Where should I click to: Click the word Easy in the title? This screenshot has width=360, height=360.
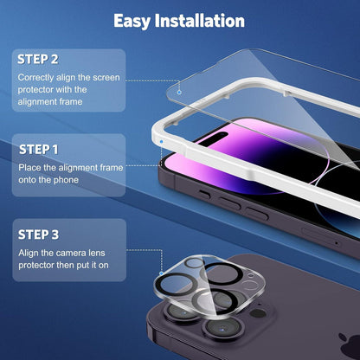132,21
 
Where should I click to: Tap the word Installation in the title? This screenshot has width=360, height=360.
200,21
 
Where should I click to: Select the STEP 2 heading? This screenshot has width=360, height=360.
38,59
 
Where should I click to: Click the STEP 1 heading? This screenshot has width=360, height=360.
38,150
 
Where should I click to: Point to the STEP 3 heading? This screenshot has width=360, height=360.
38,235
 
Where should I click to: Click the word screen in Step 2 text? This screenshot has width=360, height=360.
106,78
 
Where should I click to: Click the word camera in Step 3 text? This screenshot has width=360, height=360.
72,254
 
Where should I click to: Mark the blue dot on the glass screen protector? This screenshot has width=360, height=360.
179,92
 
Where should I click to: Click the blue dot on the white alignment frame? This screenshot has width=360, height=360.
161,142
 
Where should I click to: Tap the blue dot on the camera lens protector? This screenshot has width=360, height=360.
162,273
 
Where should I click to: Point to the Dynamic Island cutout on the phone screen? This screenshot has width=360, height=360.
215,137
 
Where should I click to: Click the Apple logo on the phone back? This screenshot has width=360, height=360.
349,344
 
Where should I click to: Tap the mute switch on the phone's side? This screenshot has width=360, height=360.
204,194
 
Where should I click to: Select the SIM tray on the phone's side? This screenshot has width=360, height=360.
320,237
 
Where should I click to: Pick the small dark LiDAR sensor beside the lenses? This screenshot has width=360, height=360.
258,313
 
